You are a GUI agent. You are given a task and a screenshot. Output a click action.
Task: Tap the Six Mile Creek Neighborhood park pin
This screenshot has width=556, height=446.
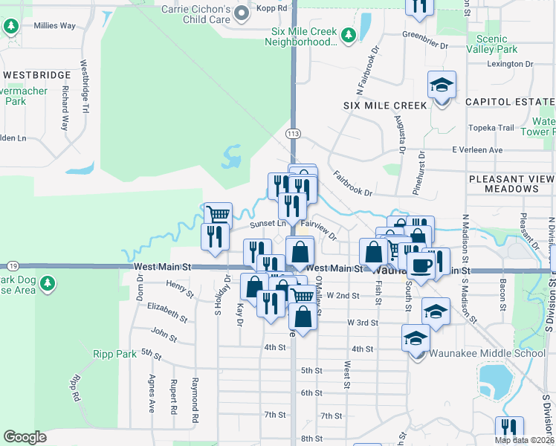tap(347, 35)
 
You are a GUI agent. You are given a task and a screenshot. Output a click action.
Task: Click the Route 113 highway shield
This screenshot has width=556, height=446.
tap(294, 133)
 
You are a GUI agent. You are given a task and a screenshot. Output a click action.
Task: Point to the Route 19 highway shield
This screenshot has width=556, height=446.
tap(13, 265)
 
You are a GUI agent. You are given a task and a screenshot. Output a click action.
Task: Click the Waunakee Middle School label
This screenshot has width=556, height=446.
tap(487, 353)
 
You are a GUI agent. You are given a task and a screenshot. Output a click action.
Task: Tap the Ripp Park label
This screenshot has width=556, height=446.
tap(115, 355)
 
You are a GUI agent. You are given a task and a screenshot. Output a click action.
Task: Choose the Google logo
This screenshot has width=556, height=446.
tap(25, 436)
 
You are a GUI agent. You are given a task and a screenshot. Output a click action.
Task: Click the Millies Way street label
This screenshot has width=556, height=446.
tap(54, 25)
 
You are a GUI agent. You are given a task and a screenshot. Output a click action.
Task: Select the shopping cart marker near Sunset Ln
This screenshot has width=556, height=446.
tap(218, 215)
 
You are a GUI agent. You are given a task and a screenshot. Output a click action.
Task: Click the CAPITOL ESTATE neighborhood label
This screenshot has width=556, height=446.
tap(510, 101)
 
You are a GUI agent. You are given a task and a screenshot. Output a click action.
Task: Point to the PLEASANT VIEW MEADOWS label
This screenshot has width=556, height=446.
tap(512, 184)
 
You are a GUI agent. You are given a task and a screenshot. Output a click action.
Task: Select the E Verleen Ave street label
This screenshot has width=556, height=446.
tap(477, 149)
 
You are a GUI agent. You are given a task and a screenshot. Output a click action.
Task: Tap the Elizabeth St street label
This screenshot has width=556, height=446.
tap(167, 311)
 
